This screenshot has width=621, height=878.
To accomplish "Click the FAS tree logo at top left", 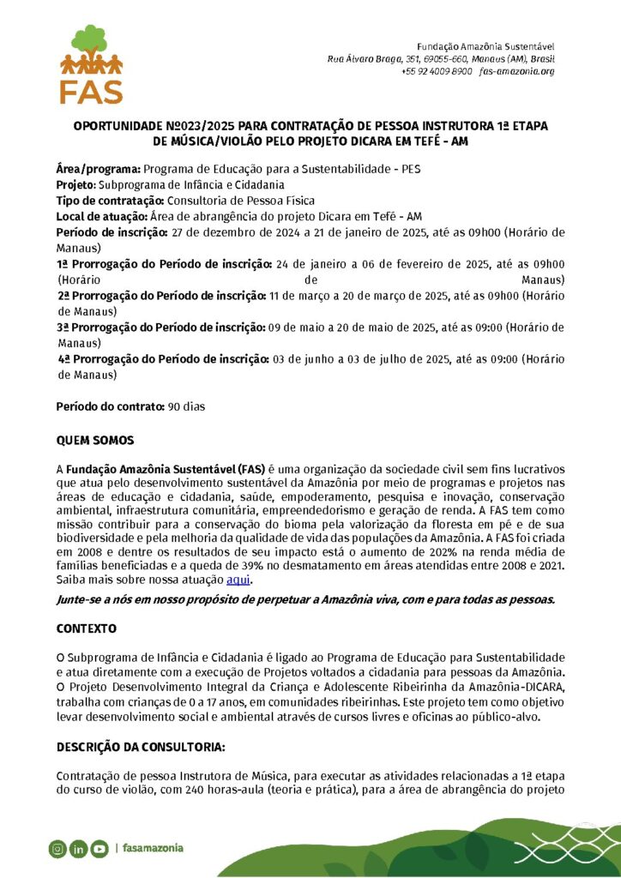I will (91, 63).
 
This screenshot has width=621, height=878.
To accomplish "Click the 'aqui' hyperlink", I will (238, 580).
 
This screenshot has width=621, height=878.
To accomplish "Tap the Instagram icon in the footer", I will (57, 849).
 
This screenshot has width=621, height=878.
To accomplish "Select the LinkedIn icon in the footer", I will (78, 849).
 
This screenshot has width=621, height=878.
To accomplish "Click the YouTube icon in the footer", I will (99, 849).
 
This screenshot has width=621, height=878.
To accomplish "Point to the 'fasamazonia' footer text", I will (153, 849).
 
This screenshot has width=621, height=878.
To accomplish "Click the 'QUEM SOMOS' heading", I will (95, 441).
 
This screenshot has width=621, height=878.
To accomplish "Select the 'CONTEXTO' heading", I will (86, 628).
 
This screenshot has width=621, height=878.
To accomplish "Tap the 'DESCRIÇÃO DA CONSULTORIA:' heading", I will (141, 748).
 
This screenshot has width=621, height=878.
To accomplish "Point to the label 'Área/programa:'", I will (99, 169).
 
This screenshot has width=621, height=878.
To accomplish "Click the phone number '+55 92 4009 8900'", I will (437, 71).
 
